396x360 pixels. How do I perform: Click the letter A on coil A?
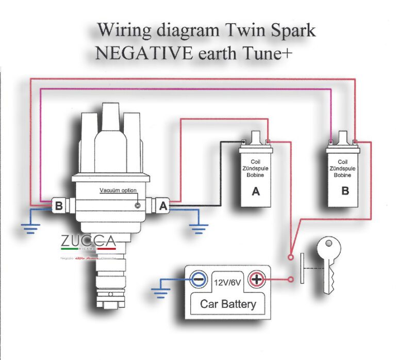pyautogui.click(x=256, y=192)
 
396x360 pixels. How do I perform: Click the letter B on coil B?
pyautogui.click(x=345, y=190)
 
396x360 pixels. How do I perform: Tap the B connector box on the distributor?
pyautogui.click(x=59, y=205)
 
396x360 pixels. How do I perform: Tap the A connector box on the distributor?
pyautogui.click(x=163, y=205)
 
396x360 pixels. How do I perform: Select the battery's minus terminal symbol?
pyautogui.click(x=198, y=280)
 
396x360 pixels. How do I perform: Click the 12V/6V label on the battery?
pyautogui.click(x=227, y=282)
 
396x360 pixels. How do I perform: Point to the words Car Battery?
pyautogui.click(x=227, y=304)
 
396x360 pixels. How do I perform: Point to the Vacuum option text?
pyautogui.click(x=118, y=190)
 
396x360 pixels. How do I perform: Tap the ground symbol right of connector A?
pyautogui.click(x=199, y=227)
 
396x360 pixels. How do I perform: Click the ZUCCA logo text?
pyautogui.click(x=88, y=241)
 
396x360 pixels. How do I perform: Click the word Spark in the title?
pyautogui.click(x=292, y=30)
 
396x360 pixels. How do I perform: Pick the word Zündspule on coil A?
pyautogui.click(x=255, y=168)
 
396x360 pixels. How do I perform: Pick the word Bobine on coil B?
pyautogui.click(x=343, y=175)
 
